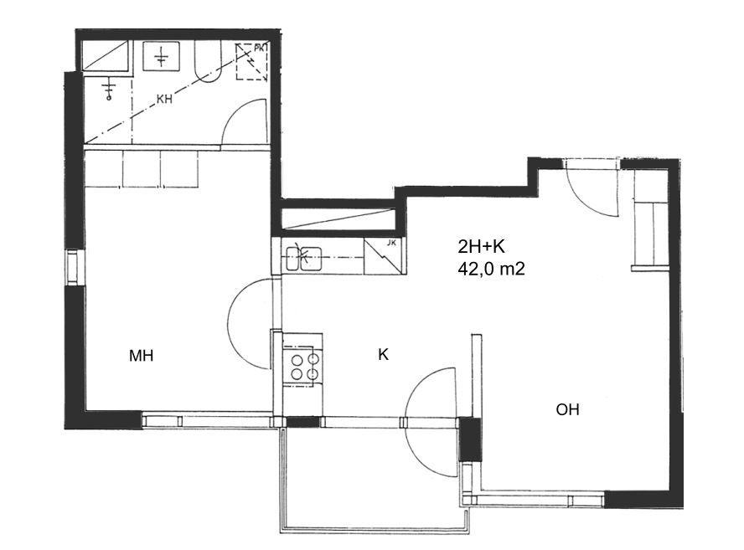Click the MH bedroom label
141,356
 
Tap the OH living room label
567,409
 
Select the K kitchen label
384,354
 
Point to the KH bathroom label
164,100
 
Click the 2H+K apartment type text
481,247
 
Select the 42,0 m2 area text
491,270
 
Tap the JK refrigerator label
391,243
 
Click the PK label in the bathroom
261,48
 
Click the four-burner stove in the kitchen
304,366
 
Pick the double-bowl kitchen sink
303,259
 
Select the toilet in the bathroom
207,62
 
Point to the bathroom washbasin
162,56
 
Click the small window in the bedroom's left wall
73,267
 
